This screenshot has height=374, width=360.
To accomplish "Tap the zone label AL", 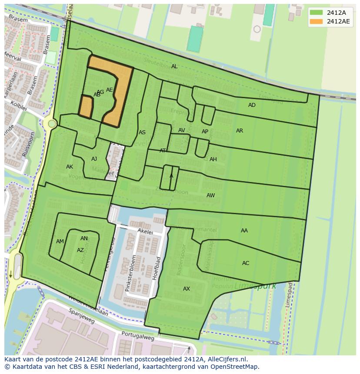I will click(x=174, y=66).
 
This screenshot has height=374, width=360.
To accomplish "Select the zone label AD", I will click(x=252, y=105).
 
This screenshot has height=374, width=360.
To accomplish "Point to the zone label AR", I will click(x=240, y=131).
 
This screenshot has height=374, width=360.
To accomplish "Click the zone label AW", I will click(x=210, y=195).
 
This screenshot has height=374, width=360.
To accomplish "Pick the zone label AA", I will click(x=244, y=231).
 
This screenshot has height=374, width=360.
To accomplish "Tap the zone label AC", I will click(x=246, y=263).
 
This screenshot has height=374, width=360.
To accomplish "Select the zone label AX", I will click(x=187, y=289).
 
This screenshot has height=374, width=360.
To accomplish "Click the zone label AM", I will click(x=60, y=242).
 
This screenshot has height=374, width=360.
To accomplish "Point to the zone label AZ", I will click(x=80, y=250).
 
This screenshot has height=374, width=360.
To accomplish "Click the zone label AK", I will click(x=70, y=167).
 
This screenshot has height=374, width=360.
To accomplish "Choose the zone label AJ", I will click(x=94, y=159).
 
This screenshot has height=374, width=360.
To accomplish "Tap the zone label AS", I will click(x=142, y=132).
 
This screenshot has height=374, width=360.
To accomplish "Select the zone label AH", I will click(x=213, y=159).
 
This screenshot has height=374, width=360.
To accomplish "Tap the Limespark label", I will click(x=249, y=287).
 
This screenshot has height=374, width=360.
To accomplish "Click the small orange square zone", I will click(x=86, y=107).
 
